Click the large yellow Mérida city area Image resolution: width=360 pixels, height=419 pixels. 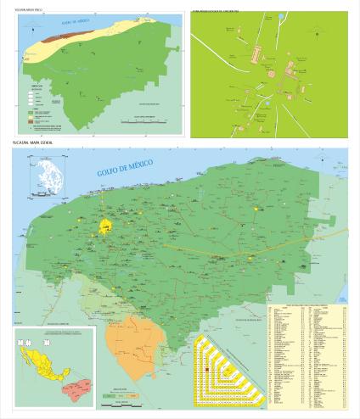click(107, 226)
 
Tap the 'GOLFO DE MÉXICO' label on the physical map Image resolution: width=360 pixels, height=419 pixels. click(64, 20)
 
